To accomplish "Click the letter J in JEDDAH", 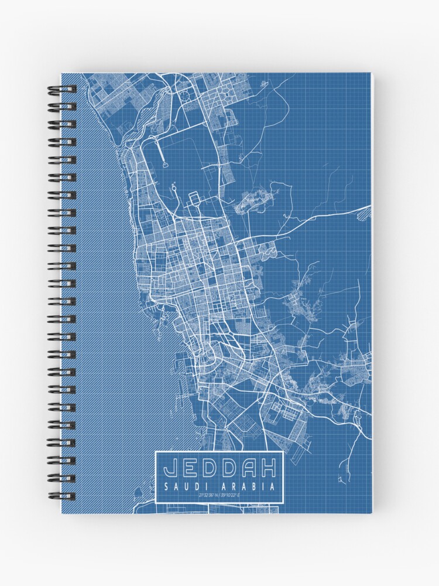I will [x=171, y=468].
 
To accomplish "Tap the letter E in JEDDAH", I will [x=190, y=468].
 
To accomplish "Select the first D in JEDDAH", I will [x=209, y=468].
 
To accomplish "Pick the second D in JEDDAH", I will [x=229, y=468].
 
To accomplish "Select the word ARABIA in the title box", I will [x=248, y=486].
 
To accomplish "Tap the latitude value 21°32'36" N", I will [x=208, y=496].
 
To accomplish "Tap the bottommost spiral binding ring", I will [x=61, y=496].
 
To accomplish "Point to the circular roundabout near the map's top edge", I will [x=185, y=95].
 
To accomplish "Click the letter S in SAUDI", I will [x=167, y=486].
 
